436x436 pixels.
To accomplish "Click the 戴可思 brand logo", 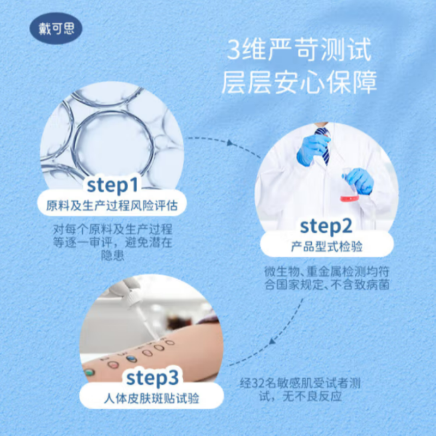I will point(56,28).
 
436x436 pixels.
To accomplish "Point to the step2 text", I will point(326,225).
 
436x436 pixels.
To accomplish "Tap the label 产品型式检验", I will point(326,247).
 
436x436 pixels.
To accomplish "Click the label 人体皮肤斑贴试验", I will point(152,399).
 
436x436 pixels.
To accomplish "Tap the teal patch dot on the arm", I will point(89,372).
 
